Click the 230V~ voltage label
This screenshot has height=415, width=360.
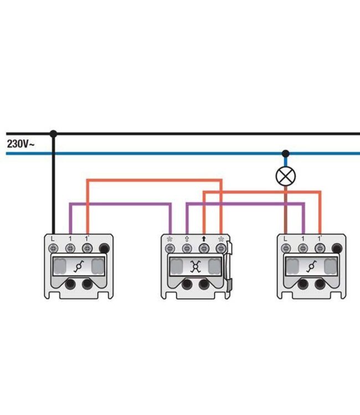tap(20, 144)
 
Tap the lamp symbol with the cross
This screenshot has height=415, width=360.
tap(286, 177)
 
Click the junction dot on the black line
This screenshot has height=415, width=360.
tap(54, 134)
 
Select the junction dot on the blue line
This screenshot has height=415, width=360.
tap(286, 153)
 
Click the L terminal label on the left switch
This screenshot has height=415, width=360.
tap(53, 238)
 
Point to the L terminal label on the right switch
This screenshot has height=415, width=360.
tap(285, 238)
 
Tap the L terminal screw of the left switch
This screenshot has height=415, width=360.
tap(53, 248)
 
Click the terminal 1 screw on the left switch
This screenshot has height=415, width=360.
tap(70, 248)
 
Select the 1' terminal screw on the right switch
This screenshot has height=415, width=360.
tap(320, 248)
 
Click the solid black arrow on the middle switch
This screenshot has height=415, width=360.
tap(204, 238)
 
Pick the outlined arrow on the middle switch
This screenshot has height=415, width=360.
tap(187, 239)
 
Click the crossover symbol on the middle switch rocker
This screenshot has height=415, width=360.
tap(196, 267)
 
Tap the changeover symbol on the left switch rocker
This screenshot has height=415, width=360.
tap(78, 267)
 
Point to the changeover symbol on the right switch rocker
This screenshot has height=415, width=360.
tap(311, 267)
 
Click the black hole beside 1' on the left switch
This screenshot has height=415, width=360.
tap(104, 248)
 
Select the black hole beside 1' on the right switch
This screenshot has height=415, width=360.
tap(337, 248)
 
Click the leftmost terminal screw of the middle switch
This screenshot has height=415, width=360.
tap(170, 248)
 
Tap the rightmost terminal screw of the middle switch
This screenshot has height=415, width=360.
tap(220, 248)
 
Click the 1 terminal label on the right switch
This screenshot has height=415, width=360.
tap(303, 238)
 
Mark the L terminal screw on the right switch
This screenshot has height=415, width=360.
tap(286, 248)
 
